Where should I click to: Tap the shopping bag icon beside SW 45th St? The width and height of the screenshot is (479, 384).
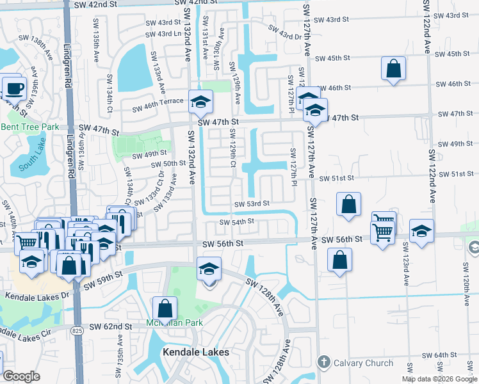tap(393, 68)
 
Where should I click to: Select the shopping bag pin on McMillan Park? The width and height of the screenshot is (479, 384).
tap(165, 308)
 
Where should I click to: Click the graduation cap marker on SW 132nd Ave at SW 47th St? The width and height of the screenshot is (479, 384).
tap(200, 101)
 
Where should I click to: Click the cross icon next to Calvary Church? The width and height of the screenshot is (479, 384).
tap(323, 364)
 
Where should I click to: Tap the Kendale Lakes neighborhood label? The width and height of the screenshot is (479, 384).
tap(196, 352)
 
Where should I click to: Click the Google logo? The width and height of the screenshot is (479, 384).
tap(21, 376)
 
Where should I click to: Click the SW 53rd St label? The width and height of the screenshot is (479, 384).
tap(252, 204)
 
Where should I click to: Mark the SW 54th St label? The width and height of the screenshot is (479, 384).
tap(237, 222)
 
